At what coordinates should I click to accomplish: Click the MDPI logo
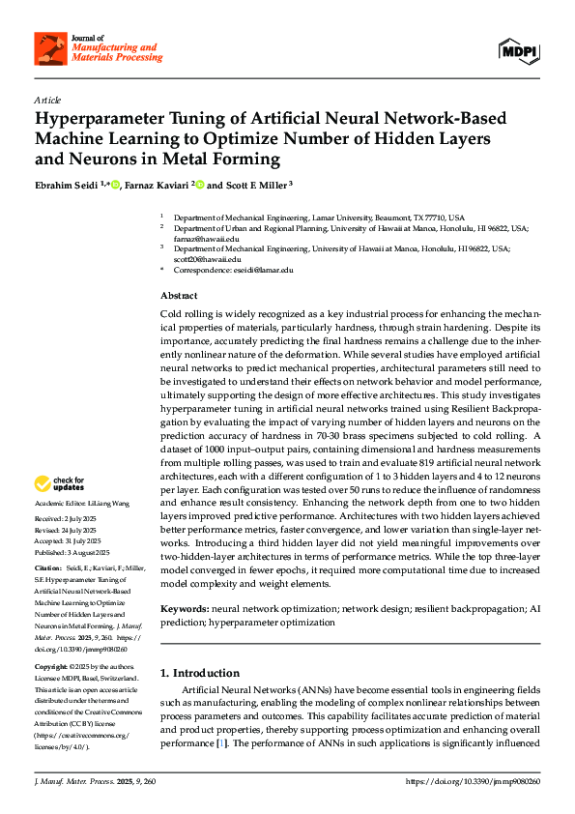coord(518,48)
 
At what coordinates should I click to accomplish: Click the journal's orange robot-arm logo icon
coord(49,48)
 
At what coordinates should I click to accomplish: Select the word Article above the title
coord(47,101)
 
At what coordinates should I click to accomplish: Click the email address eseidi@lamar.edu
coord(262,271)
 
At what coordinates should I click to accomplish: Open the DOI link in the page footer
coord(474,780)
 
